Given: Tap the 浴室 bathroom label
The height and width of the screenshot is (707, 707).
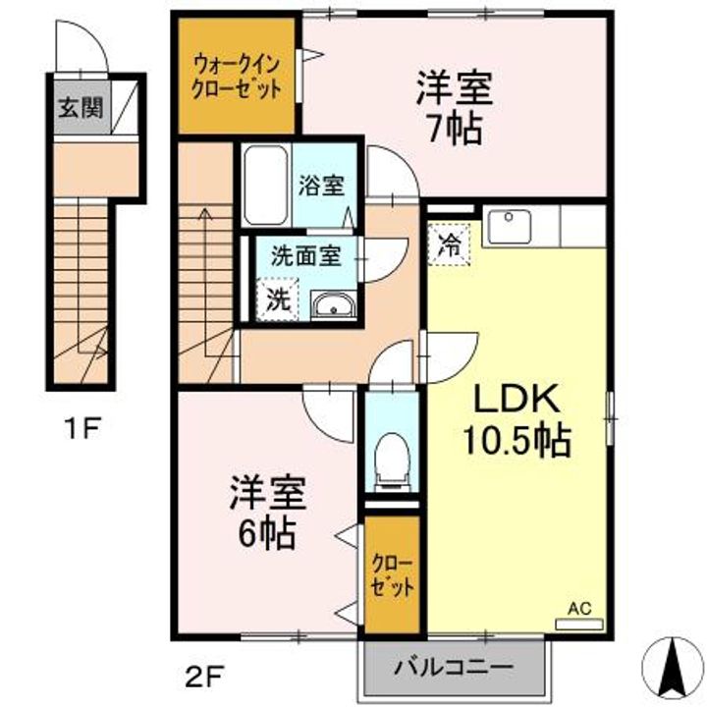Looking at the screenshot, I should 321,183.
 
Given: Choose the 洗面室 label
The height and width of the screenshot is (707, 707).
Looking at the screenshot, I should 305,257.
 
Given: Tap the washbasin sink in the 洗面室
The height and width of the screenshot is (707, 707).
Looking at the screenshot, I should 335,308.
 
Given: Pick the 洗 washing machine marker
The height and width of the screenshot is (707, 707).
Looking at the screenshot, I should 279,299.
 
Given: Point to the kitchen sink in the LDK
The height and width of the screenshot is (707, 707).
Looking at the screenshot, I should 510,227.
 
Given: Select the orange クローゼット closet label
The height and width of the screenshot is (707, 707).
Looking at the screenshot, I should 392,576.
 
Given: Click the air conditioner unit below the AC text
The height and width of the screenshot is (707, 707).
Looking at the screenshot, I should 579,622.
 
